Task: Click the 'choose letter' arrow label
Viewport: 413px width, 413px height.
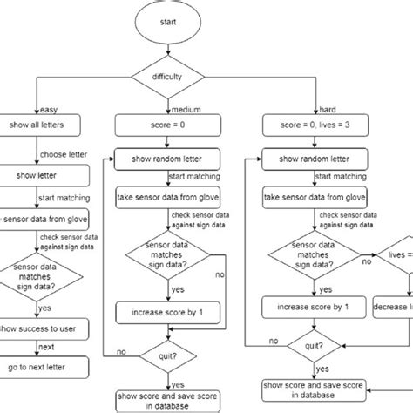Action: pyautogui.click(x=59, y=157)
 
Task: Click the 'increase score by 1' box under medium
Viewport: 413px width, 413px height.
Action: pyautogui.click(x=165, y=308)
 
